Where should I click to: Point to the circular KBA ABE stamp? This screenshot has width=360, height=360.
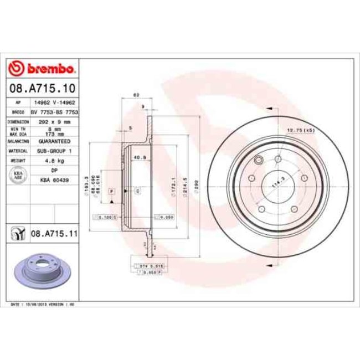click(18, 175)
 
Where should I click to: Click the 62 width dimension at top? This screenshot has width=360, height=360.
click(136, 95)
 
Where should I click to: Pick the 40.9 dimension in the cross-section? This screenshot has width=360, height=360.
click(140, 156)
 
